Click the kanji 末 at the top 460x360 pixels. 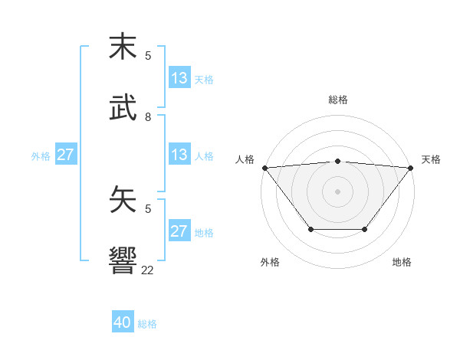(x=123, y=47)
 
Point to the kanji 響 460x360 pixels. (x=123, y=260)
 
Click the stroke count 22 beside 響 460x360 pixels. (x=148, y=270)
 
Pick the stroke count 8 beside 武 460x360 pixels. (x=148, y=117)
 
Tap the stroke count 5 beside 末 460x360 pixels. (x=148, y=56)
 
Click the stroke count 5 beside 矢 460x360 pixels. (x=148, y=208)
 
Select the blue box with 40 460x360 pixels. (x=123, y=322)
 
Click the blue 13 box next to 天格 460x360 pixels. (x=179, y=77)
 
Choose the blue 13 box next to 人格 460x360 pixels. (x=179, y=154)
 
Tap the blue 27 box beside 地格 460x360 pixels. (x=179, y=231)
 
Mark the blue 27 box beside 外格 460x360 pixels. (x=65, y=154)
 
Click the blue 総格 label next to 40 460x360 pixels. (x=147, y=324)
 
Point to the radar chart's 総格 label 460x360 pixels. (x=337, y=100)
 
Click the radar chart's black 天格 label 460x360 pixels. (x=431, y=159)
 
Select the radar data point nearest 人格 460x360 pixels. (x=264, y=168)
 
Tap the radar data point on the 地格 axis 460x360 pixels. (x=365, y=229)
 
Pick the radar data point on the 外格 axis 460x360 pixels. (x=310, y=229)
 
